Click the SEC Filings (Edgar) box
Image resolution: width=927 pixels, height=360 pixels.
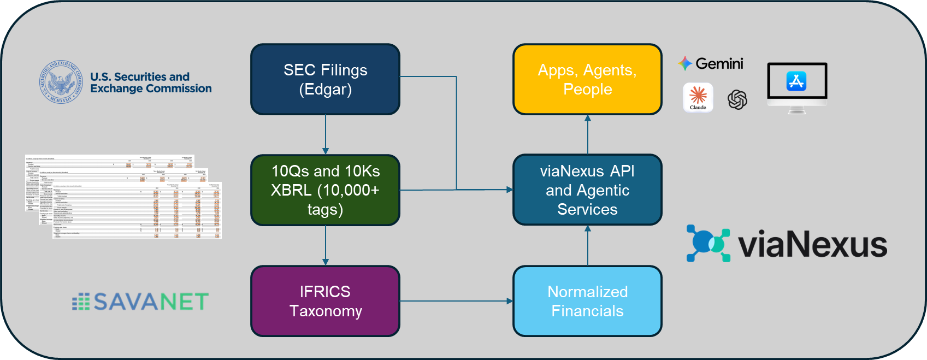tap(325, 79)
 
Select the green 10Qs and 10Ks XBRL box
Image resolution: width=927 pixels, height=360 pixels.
tap(325, 190)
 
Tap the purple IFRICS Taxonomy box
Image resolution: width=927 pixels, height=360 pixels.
tap(325, 301)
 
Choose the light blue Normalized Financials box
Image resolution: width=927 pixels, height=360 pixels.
tap(587, 301)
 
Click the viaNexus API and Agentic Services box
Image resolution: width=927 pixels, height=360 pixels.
tap(587, 190)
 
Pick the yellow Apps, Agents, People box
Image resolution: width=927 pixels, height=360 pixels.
tap(587, 79)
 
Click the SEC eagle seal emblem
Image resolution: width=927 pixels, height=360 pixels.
tap(62, 82)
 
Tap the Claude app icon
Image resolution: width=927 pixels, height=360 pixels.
tap(698, 97)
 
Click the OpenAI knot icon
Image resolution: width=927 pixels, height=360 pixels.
tap(737, 99)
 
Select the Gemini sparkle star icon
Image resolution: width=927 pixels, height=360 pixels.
tap(685, 64)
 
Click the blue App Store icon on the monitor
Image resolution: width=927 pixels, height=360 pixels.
tap(796, 81)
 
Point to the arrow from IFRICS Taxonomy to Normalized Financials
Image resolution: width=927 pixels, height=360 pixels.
tap(456, 301)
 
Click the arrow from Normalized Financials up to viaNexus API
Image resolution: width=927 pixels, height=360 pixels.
tap(588, 245)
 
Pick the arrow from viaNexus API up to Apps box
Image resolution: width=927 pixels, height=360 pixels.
tap(588, 134)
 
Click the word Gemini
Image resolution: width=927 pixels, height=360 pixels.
tap(719, 64)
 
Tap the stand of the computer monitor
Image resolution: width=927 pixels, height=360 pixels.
tap(796, 110)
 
